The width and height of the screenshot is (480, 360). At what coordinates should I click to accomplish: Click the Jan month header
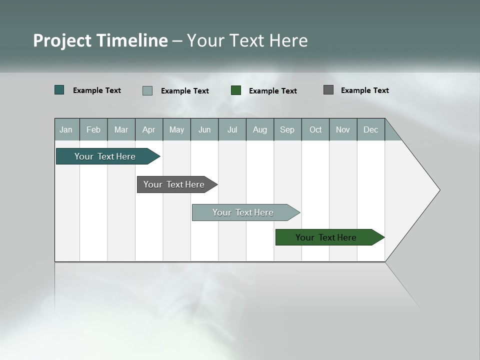(x=66, y=129)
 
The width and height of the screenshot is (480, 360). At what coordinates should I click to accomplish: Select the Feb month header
(x=93, y=129)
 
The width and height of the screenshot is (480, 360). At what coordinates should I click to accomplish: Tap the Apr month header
(x=148, y=129)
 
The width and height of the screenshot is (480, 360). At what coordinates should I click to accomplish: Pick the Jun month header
(x=204, y=129)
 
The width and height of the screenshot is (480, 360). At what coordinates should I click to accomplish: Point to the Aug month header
(x=259, y=129)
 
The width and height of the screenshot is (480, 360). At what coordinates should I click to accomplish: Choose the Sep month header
(x=287, y=129)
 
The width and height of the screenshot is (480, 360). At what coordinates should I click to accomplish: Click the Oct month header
(x=315, y=129)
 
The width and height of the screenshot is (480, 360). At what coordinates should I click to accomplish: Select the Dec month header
(x=370, y=129)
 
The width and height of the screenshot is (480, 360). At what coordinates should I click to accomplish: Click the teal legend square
(x=59, y=90)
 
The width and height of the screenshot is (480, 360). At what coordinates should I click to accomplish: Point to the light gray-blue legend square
(x=147, y=90)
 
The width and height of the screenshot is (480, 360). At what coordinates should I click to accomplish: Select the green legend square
(x=236, y=90)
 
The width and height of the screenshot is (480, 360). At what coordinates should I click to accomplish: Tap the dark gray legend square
(x=328, y=90)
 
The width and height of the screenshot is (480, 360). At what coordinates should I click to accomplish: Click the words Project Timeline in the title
(x=100, y=40)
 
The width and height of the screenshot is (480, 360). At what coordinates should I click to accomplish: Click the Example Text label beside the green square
(x=272, y=91)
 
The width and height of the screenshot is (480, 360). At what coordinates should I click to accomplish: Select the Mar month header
(x=121, y=129)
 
